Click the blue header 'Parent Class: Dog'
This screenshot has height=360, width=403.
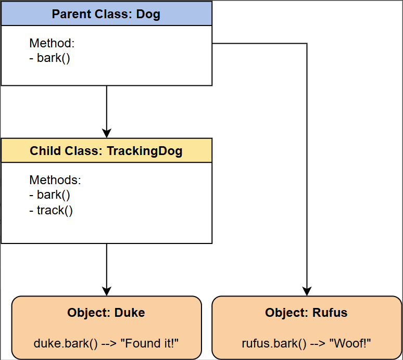click(106, 14)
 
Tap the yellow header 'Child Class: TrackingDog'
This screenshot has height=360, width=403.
click(106, 150)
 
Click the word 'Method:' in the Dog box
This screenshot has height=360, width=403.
click(52, 43)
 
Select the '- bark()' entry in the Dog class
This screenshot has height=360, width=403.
click(49, 58)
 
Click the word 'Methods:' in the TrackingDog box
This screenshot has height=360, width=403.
click(55, 180)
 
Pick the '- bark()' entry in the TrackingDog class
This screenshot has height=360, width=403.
click(49, 195)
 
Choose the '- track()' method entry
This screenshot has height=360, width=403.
click(51, 210)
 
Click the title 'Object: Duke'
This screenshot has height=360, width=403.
click(106, 313)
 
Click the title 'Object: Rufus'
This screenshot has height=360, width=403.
click(306, 313)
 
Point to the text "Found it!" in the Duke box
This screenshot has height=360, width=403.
click(149, 343)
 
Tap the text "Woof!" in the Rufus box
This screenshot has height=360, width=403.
click(350, 343)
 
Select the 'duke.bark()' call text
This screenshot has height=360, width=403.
click(66, 344)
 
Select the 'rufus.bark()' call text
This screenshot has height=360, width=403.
click(274, 344)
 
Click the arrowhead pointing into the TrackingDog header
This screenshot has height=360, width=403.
click(107, 134)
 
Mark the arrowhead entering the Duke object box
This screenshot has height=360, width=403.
click(107, 291)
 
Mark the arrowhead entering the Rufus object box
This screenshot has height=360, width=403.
click(307, 291)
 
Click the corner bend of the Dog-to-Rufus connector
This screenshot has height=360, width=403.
click(307, 43)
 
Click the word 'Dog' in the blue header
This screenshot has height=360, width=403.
click(148, 14)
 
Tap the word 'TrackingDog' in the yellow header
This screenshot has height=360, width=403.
click(145, 151)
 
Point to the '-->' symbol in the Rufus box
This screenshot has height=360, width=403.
click(318, 343)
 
